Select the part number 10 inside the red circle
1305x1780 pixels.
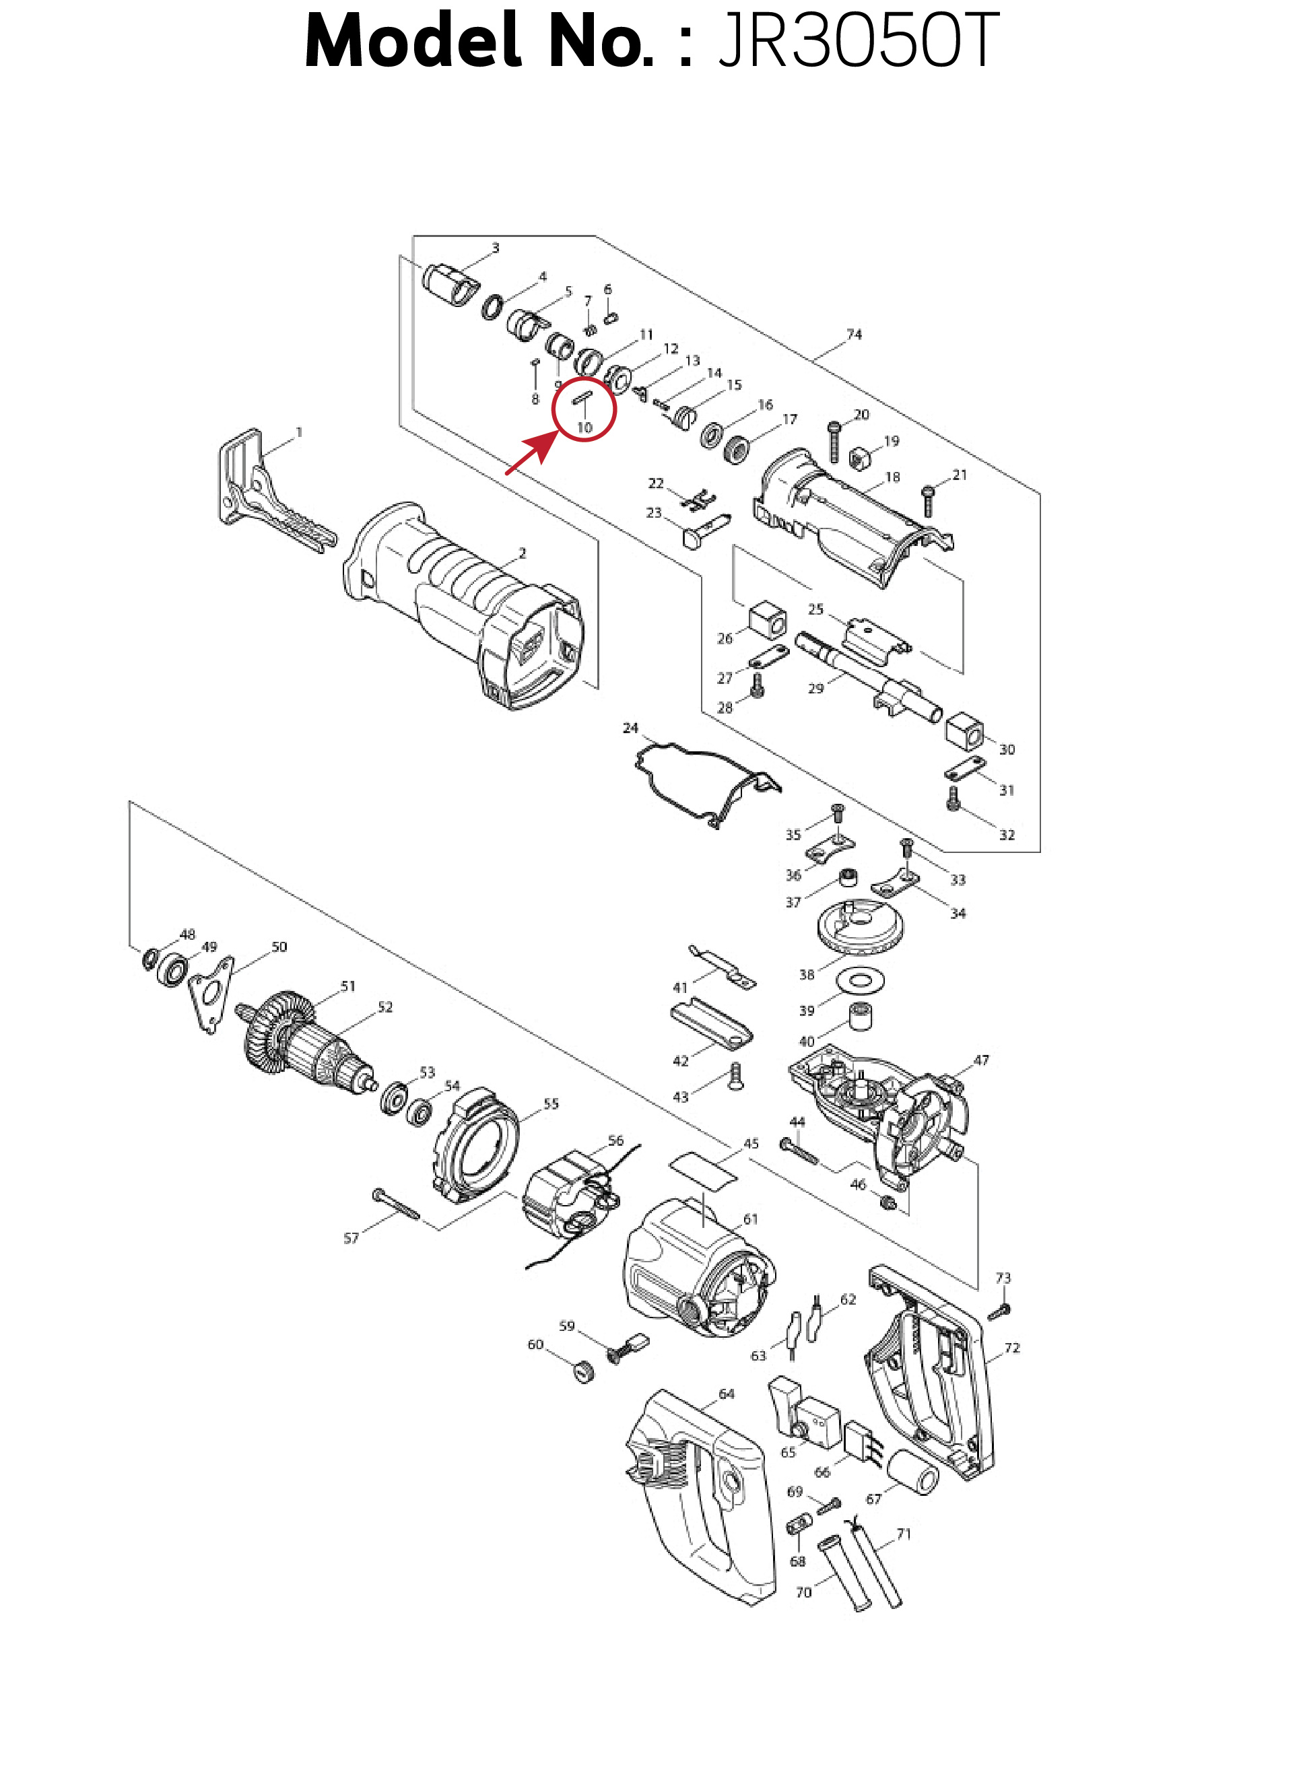(584, 427)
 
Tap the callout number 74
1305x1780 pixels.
(854, 334)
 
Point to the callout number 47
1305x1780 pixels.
(981, 1060)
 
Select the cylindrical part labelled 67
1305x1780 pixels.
(912, 1473)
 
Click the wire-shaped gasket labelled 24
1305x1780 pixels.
(708, 782)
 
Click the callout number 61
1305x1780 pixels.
(750, 1219)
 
